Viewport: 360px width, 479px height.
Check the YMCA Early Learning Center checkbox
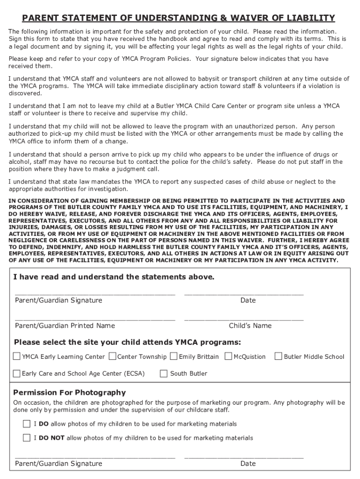tap(17, 356)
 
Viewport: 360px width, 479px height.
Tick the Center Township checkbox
tap(112, 356)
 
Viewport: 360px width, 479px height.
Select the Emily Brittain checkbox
tap(173, 356)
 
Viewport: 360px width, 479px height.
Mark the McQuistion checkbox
tap(228, 356)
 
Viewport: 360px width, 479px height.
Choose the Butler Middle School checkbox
tap(279, 356)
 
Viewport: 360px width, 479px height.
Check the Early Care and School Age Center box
tap(17, 373)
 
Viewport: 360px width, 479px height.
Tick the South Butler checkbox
tap(164, 373)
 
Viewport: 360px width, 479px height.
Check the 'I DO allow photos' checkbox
tap(27, 424)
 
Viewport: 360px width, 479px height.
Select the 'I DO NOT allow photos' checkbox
tap(27, 438)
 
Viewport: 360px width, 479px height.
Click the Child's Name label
tap(250, 326)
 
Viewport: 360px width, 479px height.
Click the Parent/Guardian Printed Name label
tap(65, 326)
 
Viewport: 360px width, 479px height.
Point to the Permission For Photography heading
tap(69, 392)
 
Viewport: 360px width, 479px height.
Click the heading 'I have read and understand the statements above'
tap(114, 277)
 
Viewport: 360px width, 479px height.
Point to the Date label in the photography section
tap(248, 464)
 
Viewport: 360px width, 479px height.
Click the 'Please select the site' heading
tap(128, 341)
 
